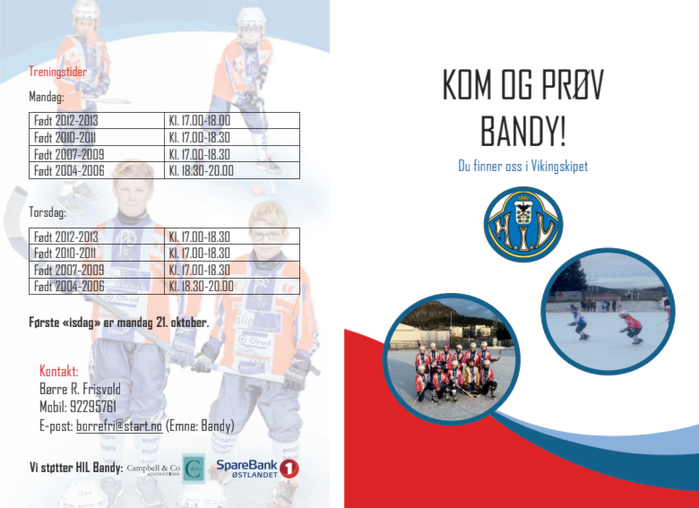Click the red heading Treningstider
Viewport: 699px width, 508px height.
pyautogui.click(x=58, y=72)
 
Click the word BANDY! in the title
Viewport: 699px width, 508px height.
pyautogui.click(x=523, y=131)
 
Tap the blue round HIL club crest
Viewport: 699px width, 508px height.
pyautogui.click(x=523, y=224)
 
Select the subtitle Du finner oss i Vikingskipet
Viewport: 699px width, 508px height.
pyautogui.click(x=523, y=166)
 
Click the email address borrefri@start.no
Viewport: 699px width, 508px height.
pyautogui.click(x=119, y=426)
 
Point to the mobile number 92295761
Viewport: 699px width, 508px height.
pyautogui.click(x=93, y=407)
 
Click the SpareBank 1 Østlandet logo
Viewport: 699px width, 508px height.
pyautogui.click(x=257, y=469)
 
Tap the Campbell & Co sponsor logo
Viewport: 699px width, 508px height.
pyautogui.click(x=166, y=469)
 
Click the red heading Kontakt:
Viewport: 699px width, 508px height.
pyautogui.click(x=59, y=371)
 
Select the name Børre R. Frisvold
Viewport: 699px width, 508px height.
pyautogui.click(x=80, y=389)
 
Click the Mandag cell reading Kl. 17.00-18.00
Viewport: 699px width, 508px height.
pyautogui.click(x=232, y=120)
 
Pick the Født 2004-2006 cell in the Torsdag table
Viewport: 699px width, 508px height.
pyautogui.click(x=97, y=286)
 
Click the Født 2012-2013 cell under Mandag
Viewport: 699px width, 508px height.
pyautogui.click(x=97, y=120)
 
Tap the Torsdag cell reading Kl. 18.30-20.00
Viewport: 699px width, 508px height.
pyautogui.click(x=232, y=286)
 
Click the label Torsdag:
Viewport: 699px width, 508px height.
pyautogui.click(x=47, y=212)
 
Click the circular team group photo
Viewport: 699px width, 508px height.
pyautogui.click(x=451, y=358)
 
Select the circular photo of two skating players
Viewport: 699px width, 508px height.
pyautogui.click(x=608, y=311)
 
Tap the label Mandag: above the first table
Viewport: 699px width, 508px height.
pyautogui.click(x=47, y=96)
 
